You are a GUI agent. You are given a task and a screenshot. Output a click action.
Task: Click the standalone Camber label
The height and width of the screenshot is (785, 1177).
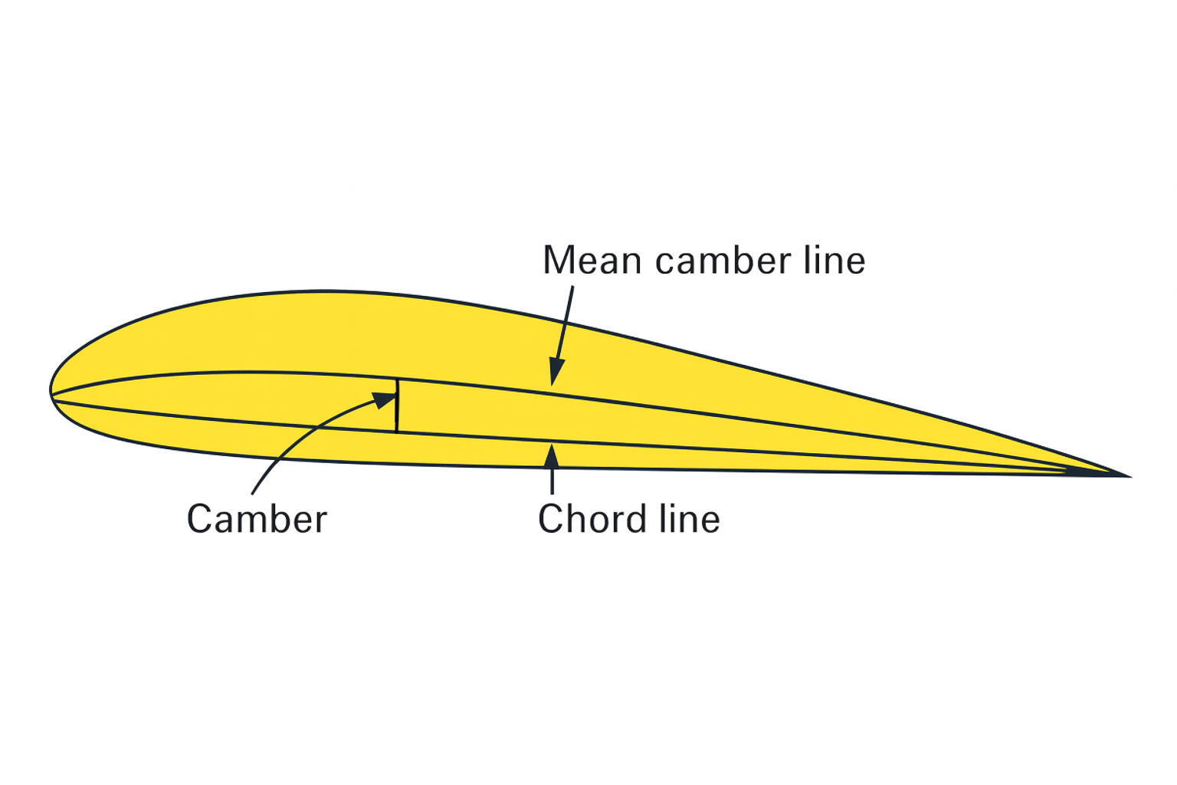257,520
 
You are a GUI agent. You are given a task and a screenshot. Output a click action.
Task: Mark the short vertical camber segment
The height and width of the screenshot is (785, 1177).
397,406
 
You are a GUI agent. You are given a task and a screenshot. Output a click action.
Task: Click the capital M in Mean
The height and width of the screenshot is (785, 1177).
559,261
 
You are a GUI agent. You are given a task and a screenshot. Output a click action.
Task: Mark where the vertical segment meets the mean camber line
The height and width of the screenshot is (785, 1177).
397,379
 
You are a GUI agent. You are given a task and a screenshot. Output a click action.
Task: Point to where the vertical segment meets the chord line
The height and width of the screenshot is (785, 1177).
397,432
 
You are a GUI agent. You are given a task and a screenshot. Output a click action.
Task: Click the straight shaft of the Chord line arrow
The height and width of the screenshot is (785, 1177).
552,479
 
